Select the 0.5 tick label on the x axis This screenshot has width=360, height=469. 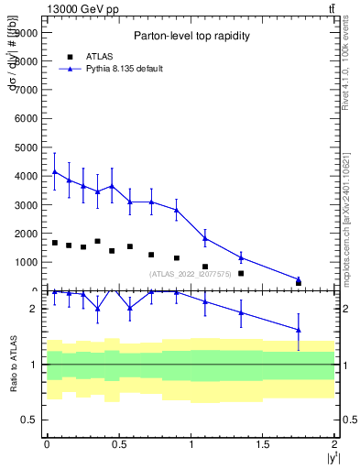pos(118,443)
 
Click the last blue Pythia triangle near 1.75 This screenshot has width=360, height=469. pos(299,278)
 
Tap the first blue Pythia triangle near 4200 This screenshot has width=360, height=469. pos(55,171)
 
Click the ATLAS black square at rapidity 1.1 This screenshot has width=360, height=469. pos(205,267)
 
